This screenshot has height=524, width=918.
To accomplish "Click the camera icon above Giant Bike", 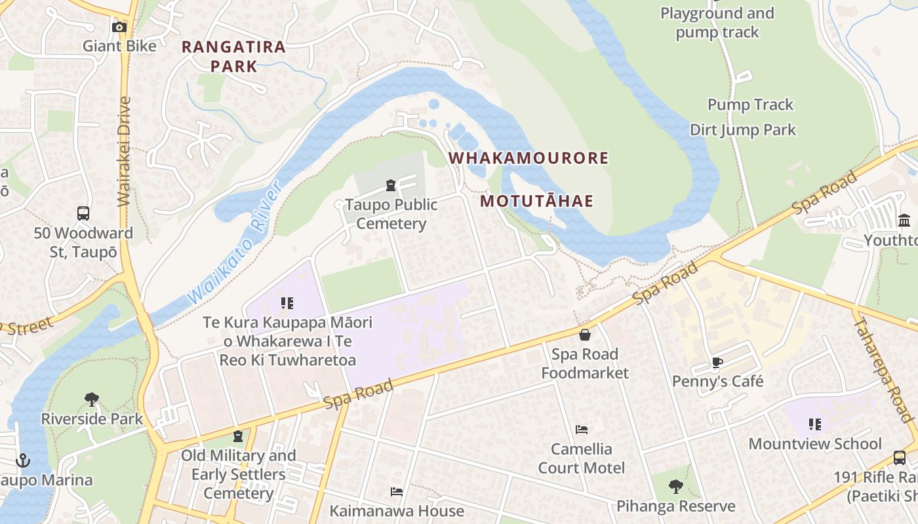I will tap(119, 27).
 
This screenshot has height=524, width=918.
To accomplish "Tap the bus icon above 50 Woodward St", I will tap(83, 214).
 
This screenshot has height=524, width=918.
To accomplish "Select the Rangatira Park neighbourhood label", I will tap(233, 56).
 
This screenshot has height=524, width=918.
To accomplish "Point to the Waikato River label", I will tap(234, 242).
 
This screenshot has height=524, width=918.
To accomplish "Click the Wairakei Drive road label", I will tap(124, 152).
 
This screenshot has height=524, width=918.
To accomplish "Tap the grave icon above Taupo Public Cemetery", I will tap(391, 185).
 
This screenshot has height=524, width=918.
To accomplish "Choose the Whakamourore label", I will tap(529, 158).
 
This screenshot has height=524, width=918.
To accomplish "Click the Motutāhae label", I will tap(536, 201).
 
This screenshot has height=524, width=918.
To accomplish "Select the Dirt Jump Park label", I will tap(742, 130).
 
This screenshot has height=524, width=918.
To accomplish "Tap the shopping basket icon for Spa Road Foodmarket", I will tap(584, 335).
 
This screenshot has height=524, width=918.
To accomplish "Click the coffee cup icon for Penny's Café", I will tap(717, 362).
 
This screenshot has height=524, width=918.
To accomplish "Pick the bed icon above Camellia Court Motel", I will tap(581, 430).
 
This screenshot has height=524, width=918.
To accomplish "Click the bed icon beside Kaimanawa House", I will tap(396, 491).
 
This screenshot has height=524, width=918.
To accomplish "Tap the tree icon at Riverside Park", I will tap(92, 400).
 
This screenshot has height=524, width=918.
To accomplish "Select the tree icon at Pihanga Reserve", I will tap(675, 487).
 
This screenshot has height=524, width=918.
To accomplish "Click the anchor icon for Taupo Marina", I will tap(23, 460).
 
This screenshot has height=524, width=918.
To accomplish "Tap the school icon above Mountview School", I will tap(815, 424).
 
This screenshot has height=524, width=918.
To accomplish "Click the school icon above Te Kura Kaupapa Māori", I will tap(287, 303).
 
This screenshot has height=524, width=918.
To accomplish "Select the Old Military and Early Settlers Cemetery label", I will tap(238, 474).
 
